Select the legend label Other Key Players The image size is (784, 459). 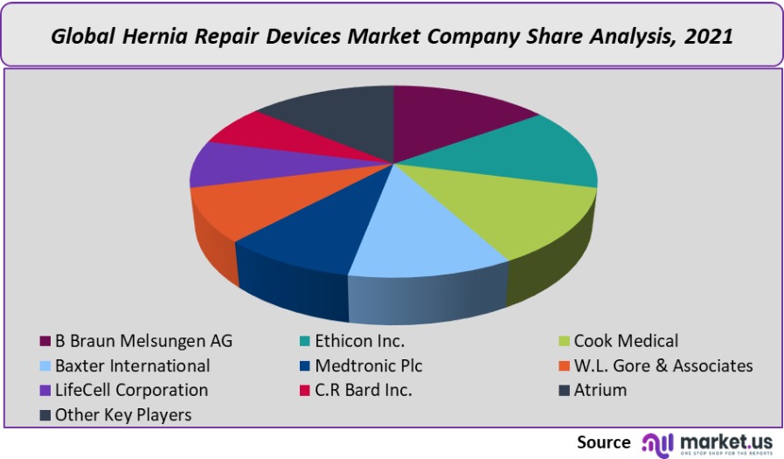122,414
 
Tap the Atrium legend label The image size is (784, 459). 600,390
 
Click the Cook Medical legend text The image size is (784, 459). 626,341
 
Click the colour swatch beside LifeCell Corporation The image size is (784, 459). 45,390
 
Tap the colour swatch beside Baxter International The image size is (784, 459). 45,365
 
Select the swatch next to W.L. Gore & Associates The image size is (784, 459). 564,365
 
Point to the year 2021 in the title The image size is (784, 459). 705,37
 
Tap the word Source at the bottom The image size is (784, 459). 603,442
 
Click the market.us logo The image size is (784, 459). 707,442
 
